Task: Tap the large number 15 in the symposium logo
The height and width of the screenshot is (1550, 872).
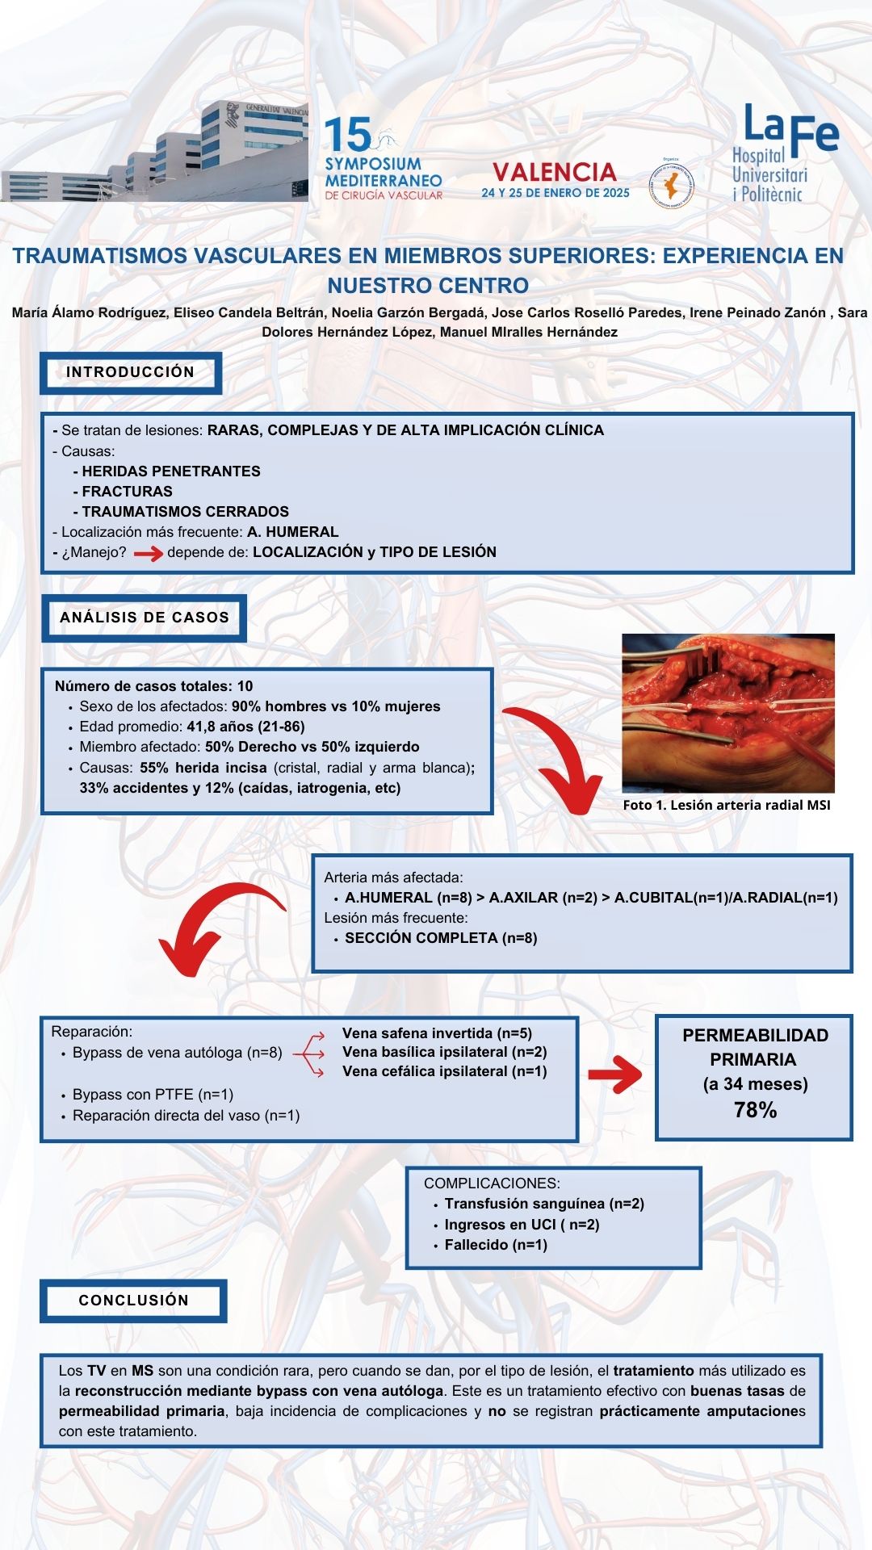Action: pyautogui.click(x=347, y=135)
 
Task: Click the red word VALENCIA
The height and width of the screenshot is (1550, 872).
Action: pyautogui.click(x=555, y=172)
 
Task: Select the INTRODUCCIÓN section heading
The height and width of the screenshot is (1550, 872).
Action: pyautogui.click(x=131, y=373)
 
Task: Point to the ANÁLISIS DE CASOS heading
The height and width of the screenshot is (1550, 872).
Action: pyautogui.click(x=144, y=618)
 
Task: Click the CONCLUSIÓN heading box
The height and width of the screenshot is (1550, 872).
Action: pyautogui.click(x=133, y=1301)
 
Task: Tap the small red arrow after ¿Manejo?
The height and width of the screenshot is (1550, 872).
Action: pyautogui.click(x=149, y=554)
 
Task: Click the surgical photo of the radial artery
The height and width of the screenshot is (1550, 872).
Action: pyautogui.click(x=728, y=713)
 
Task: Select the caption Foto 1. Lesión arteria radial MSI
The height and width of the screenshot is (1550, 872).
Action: pyautogui.click(x=727, y=805)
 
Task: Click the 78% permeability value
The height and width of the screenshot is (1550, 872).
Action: pyautogui.click(x=756, y=1111)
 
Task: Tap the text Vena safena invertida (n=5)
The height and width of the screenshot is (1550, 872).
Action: pyautogui.click(x=437, y=1033)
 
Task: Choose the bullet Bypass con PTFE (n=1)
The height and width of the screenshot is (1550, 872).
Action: pyautogui.click(x=153, y=1095)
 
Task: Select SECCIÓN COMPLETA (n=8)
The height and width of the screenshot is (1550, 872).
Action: pyautogui.click(x=441, y=938)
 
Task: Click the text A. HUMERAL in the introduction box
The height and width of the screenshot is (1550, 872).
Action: pyautogui.click(x=293, y=532)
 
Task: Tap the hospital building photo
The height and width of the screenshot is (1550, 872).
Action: pyautogui.click(x=154, y=152)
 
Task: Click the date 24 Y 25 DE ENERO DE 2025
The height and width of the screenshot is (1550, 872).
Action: pyautogui.click(x=555, y=193)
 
